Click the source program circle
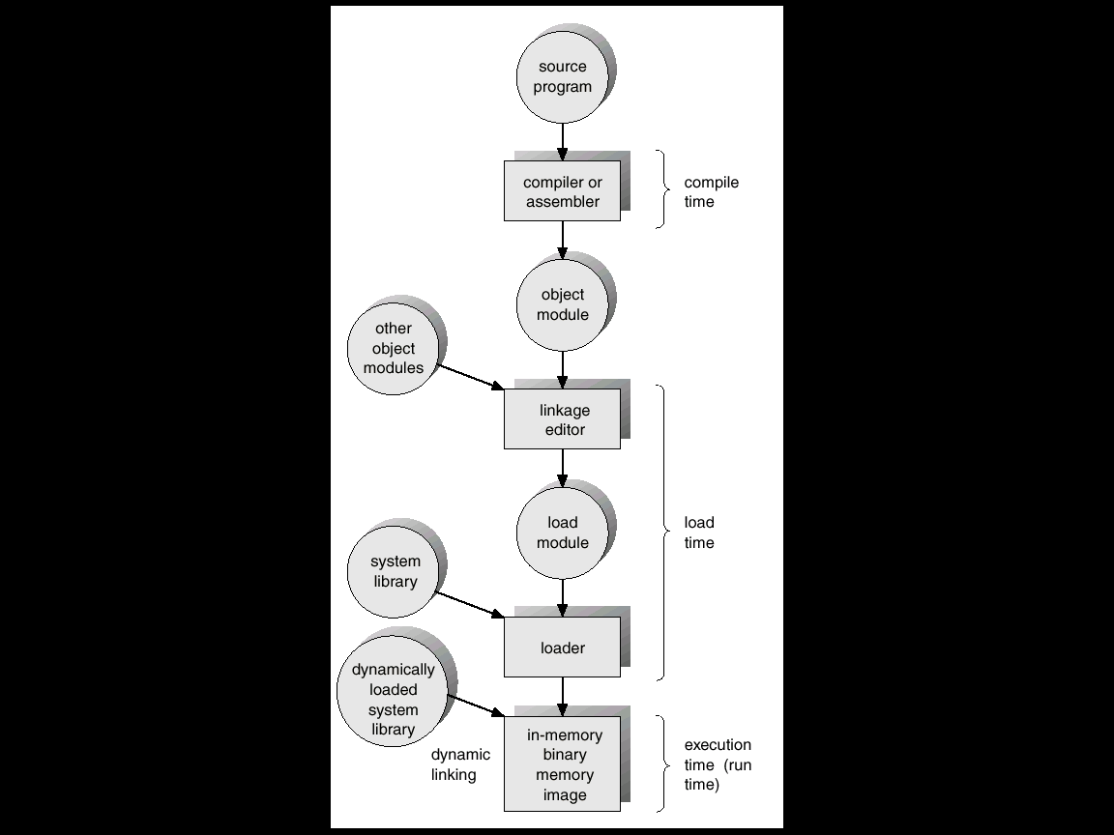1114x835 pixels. pos(563,76)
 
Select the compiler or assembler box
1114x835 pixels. pos(562,191)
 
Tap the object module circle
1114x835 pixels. pos(563,304)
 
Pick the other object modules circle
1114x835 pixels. pos(394,349)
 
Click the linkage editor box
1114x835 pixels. pos(562,418)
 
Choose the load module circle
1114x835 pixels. pos(563,533)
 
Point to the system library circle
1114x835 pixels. pos(394,571)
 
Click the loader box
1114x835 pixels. pos(562,647)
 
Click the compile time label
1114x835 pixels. pos(711,191)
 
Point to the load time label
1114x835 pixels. pos(699,533)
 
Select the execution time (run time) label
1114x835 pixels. pos(718,764)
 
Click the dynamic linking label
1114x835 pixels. pos(460,764)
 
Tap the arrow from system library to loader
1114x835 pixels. pos(470,605)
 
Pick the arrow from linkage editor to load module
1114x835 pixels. pos(563,468)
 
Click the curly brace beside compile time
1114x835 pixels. pos(662,188)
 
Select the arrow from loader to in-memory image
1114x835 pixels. pos(563,697)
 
